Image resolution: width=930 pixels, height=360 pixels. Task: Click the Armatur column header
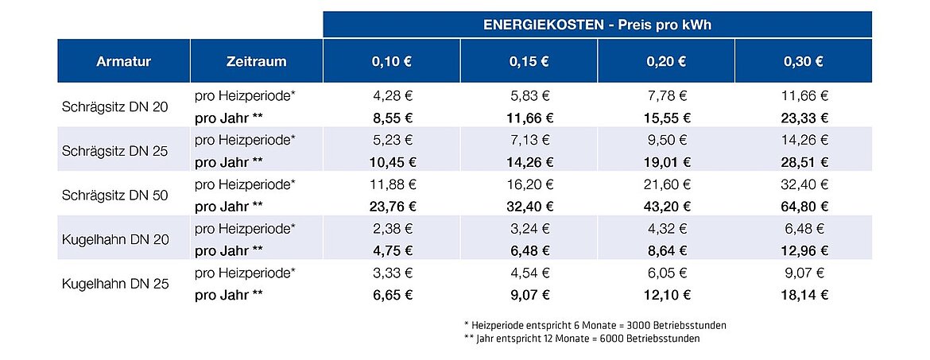(x=123, y=61)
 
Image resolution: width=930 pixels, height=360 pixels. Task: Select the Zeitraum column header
(x=256, y=61)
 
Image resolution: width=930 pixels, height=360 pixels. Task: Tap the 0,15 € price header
(x=529, y=61)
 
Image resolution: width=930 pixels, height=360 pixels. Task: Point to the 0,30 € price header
(x=803, y=61)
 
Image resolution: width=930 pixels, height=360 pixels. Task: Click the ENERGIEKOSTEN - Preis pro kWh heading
(x=597, y=25)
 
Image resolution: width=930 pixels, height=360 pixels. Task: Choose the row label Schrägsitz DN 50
(x=114, y=195)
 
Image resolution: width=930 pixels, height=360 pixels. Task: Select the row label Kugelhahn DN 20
(x=114, y=239)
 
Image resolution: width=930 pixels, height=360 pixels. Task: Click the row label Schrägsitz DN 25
(x=114, y=151)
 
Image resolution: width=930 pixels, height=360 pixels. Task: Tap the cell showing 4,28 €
(x=392, y=96)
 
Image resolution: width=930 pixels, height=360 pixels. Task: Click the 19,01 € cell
(x=666, y=162)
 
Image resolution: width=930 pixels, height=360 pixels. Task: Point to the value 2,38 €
(x=392, y=229)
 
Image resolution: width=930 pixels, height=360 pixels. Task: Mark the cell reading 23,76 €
(x=392, y=207)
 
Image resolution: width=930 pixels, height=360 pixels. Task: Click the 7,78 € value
(x=666, y=96)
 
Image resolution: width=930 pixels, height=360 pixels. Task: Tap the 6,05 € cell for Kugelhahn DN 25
(x=666, y=273)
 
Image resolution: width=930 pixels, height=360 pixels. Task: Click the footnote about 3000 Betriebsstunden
(x=595, y=326)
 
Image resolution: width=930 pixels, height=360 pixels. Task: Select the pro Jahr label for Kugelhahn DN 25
(x=228, y=295)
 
